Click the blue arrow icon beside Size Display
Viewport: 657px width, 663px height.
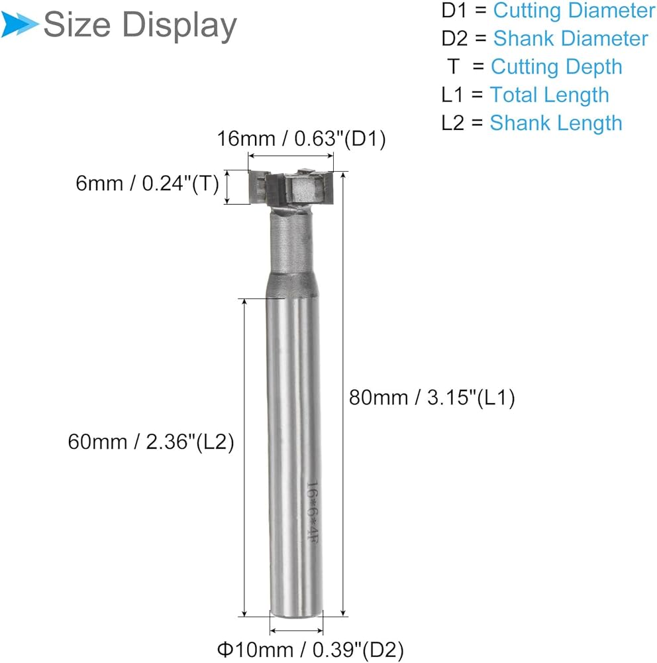coord(19,23)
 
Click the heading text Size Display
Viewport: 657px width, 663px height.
coord(140,25)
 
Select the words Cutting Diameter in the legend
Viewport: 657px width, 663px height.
coord(574,11)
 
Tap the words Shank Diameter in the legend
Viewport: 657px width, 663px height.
coord(570,38)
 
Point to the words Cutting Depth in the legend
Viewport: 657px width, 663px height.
coord(556,67)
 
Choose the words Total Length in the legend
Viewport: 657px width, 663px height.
coord(549,95)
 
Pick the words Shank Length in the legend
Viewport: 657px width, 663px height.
coord(556,123)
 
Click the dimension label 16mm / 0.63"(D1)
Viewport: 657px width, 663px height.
coord(301,139)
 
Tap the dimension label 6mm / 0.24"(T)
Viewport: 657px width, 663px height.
coord(148,184)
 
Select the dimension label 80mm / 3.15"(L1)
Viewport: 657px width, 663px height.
coord(432,398)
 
